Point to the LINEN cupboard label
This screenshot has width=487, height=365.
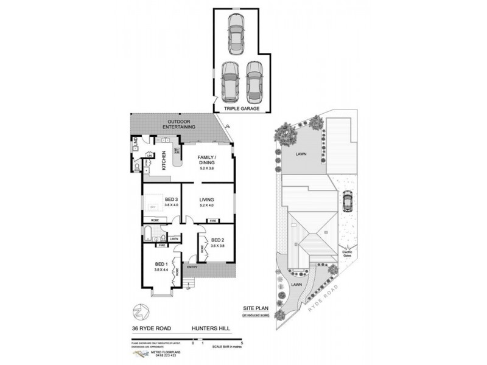coord(173,238)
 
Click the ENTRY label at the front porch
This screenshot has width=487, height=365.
coord(192,266)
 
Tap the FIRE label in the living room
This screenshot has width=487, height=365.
coord(212,220)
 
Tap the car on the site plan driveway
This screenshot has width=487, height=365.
coord(347,200)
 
